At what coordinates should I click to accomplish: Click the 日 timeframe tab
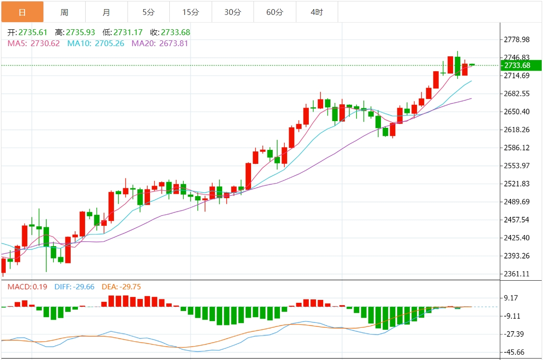22,12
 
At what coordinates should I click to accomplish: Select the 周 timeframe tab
64,12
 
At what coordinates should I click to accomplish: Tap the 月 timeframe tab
106,12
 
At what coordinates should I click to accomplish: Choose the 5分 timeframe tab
149,12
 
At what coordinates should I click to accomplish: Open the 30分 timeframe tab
233,12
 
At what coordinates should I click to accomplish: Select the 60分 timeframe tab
275,12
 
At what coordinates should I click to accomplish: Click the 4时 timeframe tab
317,12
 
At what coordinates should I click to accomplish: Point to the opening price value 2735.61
33,33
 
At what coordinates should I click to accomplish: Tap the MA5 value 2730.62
45,43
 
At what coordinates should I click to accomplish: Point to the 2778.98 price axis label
516,39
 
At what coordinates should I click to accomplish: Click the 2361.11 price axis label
516,274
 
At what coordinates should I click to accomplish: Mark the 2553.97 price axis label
516,166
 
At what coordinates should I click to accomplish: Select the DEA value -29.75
128,287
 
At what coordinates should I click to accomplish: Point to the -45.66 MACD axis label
514,352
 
